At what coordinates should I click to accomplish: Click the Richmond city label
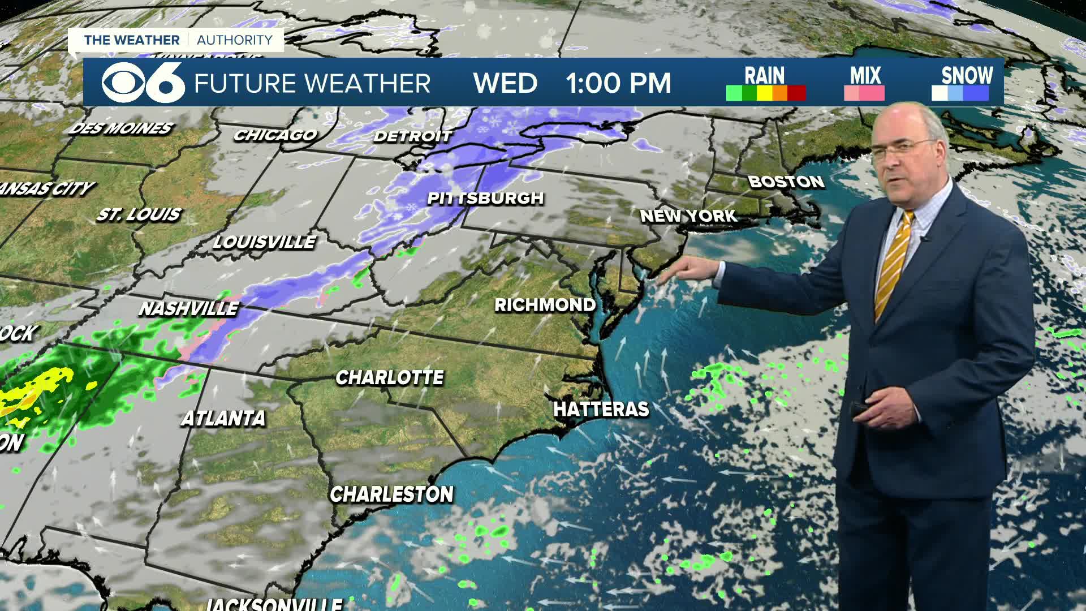pos(545,305)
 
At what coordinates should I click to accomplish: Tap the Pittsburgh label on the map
pos(485,198)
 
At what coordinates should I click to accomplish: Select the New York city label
pos(688,216)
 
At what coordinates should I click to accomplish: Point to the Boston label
pos(786,182)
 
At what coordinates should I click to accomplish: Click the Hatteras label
pos(601,409)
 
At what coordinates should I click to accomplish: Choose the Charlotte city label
pos(390,377)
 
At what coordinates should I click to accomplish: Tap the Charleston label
pos(391,494)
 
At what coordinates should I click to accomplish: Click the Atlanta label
pos(223,418)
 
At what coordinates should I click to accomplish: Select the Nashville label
pos(189,308)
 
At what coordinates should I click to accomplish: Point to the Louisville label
pos(264,242)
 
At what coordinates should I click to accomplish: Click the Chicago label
pos(275,135)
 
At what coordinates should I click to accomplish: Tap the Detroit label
pos(413,136)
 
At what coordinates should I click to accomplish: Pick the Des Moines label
pos(120,128)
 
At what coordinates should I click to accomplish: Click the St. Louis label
pos(139,214)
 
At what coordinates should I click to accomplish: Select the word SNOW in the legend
pos(967,75)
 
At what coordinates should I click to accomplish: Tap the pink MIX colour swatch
pos(864,93)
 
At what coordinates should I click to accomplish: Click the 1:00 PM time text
pos(618,84)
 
